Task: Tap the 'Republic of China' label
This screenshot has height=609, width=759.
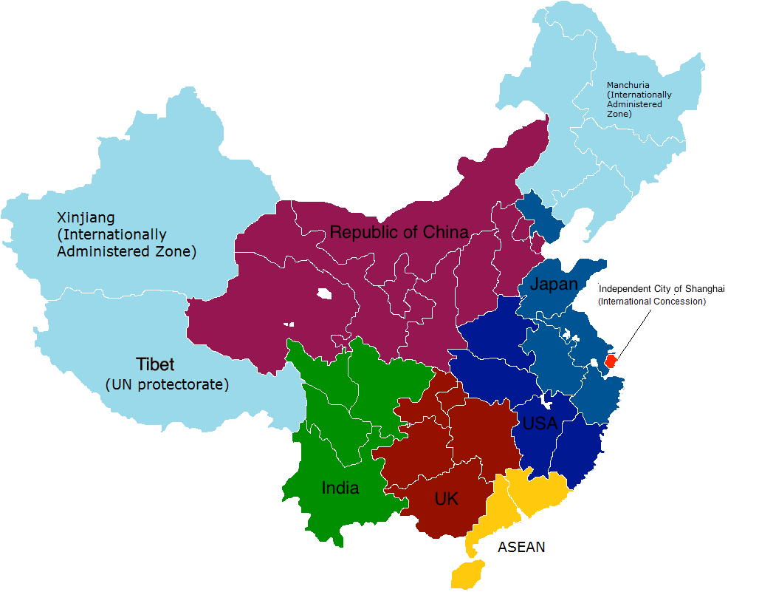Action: (399, 232)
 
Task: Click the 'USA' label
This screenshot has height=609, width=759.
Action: (540, 423)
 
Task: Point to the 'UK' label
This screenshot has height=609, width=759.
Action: (446, 499)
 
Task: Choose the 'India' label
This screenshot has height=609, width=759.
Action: (340, 488)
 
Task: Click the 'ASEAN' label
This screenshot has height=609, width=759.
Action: (521, 548)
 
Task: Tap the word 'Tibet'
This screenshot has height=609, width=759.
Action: (155, 364)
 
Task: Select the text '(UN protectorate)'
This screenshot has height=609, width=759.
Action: (167, 385)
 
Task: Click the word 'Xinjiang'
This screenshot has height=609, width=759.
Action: (86, 217)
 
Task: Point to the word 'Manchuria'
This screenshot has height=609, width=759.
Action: (628, 85)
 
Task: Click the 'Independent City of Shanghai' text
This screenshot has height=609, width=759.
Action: (662, 289)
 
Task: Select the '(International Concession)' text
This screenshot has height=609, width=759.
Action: (652, 302)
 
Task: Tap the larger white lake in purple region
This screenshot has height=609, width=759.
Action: (324, 293)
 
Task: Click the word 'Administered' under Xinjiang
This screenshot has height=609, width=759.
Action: (97, 251)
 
